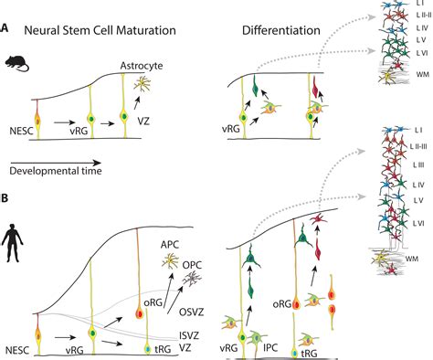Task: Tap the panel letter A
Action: pyautogui.click(x=7, y=29)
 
